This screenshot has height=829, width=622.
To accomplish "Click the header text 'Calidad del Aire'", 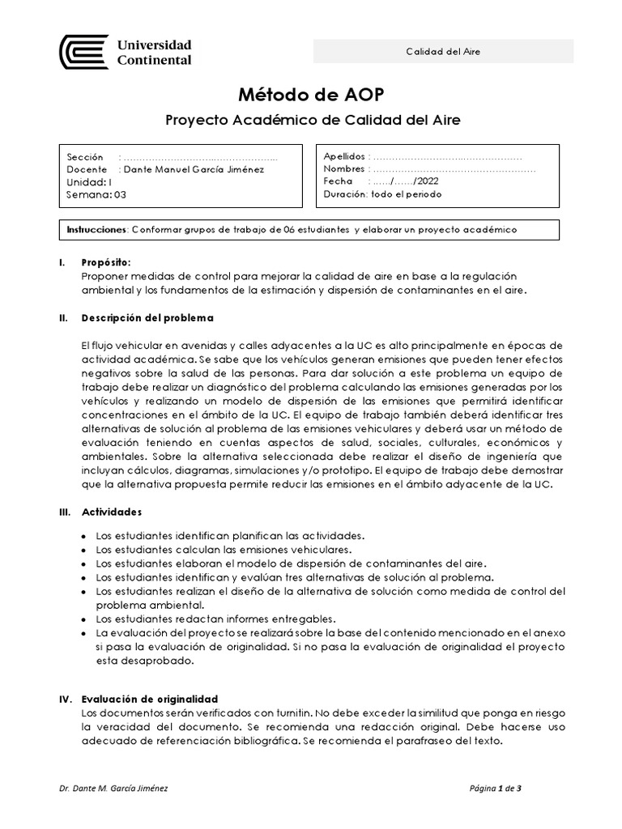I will tap(443, 51).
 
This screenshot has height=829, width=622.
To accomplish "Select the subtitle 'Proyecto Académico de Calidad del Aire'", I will tap(312, 121).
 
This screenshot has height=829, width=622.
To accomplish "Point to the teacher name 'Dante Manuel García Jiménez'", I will tap(192, 169).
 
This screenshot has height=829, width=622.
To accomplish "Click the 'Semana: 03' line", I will tap(97, 195).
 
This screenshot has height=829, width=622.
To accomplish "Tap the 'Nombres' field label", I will tap(345, 169).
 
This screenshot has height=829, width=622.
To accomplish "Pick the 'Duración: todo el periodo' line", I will tap(382, 195).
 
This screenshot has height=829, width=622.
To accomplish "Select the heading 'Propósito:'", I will tap(105, 263).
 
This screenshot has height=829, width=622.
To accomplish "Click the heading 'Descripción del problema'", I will tap(147, 318).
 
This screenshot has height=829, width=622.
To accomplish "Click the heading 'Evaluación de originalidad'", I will tap(150, 699).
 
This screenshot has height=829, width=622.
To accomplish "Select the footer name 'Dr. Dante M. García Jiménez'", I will tap(114, 787).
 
